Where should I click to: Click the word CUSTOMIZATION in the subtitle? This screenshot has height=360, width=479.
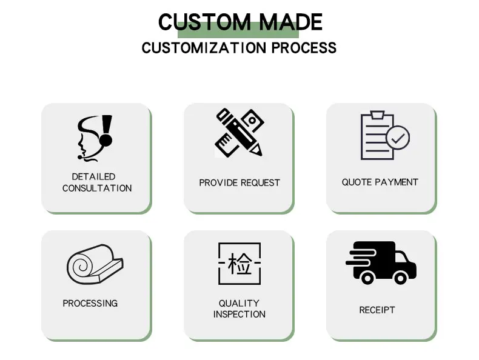pyautogui.click(x=204, y=47)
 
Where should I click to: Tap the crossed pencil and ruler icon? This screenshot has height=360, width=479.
pyautogui.click(x=239, y=132)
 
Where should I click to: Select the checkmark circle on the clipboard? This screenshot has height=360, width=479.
pyautogui.click(x=397, y=138)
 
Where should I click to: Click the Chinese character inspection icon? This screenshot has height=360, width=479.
pyautogui.click(x=239, y=264)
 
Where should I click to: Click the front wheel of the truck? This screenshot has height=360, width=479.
pyautogui.click(x=401, y=277)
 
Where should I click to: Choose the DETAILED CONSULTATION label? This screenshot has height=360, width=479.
pyautogui.click(x=96, y=182)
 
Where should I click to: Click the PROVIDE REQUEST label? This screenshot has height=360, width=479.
pyautogui.click(x=239, y=182)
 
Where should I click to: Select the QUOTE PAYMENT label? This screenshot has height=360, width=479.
pyautogui.click(x=380, y=182)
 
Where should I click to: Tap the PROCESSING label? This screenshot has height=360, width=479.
pyautogui.click(x=90, y=303)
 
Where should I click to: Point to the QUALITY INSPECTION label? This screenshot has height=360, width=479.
pyautogui.click(x=239, y=308)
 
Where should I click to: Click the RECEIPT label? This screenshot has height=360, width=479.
pyautogui.click(x=377, y=310)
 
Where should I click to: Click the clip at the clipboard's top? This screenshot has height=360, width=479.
pyautogui.click(x=377, y=115)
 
